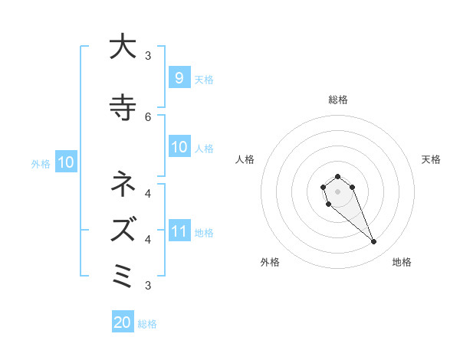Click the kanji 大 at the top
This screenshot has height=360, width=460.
tap(121, 47)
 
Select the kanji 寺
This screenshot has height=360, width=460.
tap(121, 107)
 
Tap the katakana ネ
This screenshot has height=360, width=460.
tap(121, 185)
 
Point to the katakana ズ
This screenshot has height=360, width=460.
tap(121, 228)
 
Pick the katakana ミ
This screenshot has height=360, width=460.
tap(121, 273)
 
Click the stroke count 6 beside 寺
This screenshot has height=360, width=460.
tap(148, 116)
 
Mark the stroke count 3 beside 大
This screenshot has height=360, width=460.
tap(148, 55)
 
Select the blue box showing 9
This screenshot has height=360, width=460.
tap(179, 77)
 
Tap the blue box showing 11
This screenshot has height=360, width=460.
tap(179, 231)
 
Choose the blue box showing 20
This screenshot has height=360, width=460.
tap(123, 322)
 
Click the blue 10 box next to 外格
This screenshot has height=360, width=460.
tap(65, 162)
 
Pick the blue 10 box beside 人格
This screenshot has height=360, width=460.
tap(179, 147)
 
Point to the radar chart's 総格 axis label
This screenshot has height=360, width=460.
tap(337, 100)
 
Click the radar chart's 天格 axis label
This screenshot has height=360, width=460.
tap(431, 159)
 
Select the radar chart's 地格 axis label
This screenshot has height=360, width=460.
tap(402, 262)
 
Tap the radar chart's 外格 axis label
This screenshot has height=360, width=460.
tap(270, 262)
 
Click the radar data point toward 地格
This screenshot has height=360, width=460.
tap(373, 242)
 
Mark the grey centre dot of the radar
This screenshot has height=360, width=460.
tap(337, 191)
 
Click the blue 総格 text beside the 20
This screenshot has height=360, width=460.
tap(147, 324)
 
